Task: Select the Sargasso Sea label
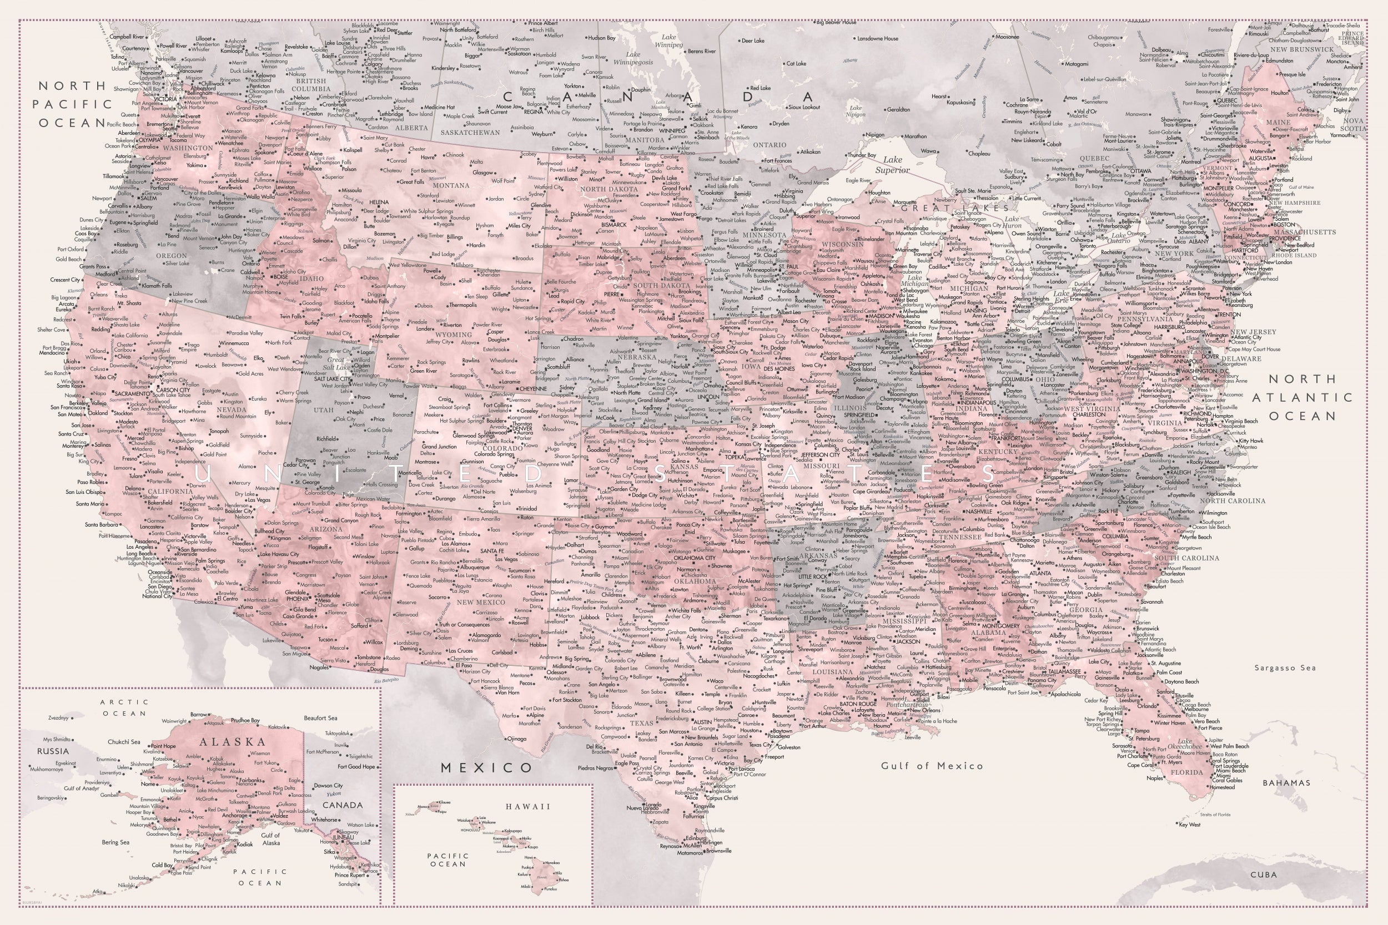tap(1285, 668)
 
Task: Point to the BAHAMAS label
tap(1286, 783)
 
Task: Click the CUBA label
tap(1264, 875)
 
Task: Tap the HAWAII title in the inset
tap(527, 806)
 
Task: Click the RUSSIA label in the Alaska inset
tap(53, 751)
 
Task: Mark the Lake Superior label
tap(893, 165)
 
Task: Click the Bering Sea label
tap(115, 842)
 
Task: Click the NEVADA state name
tap(232, 410)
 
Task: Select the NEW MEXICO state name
tap(481, 602)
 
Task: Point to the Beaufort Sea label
tap(320, 718)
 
